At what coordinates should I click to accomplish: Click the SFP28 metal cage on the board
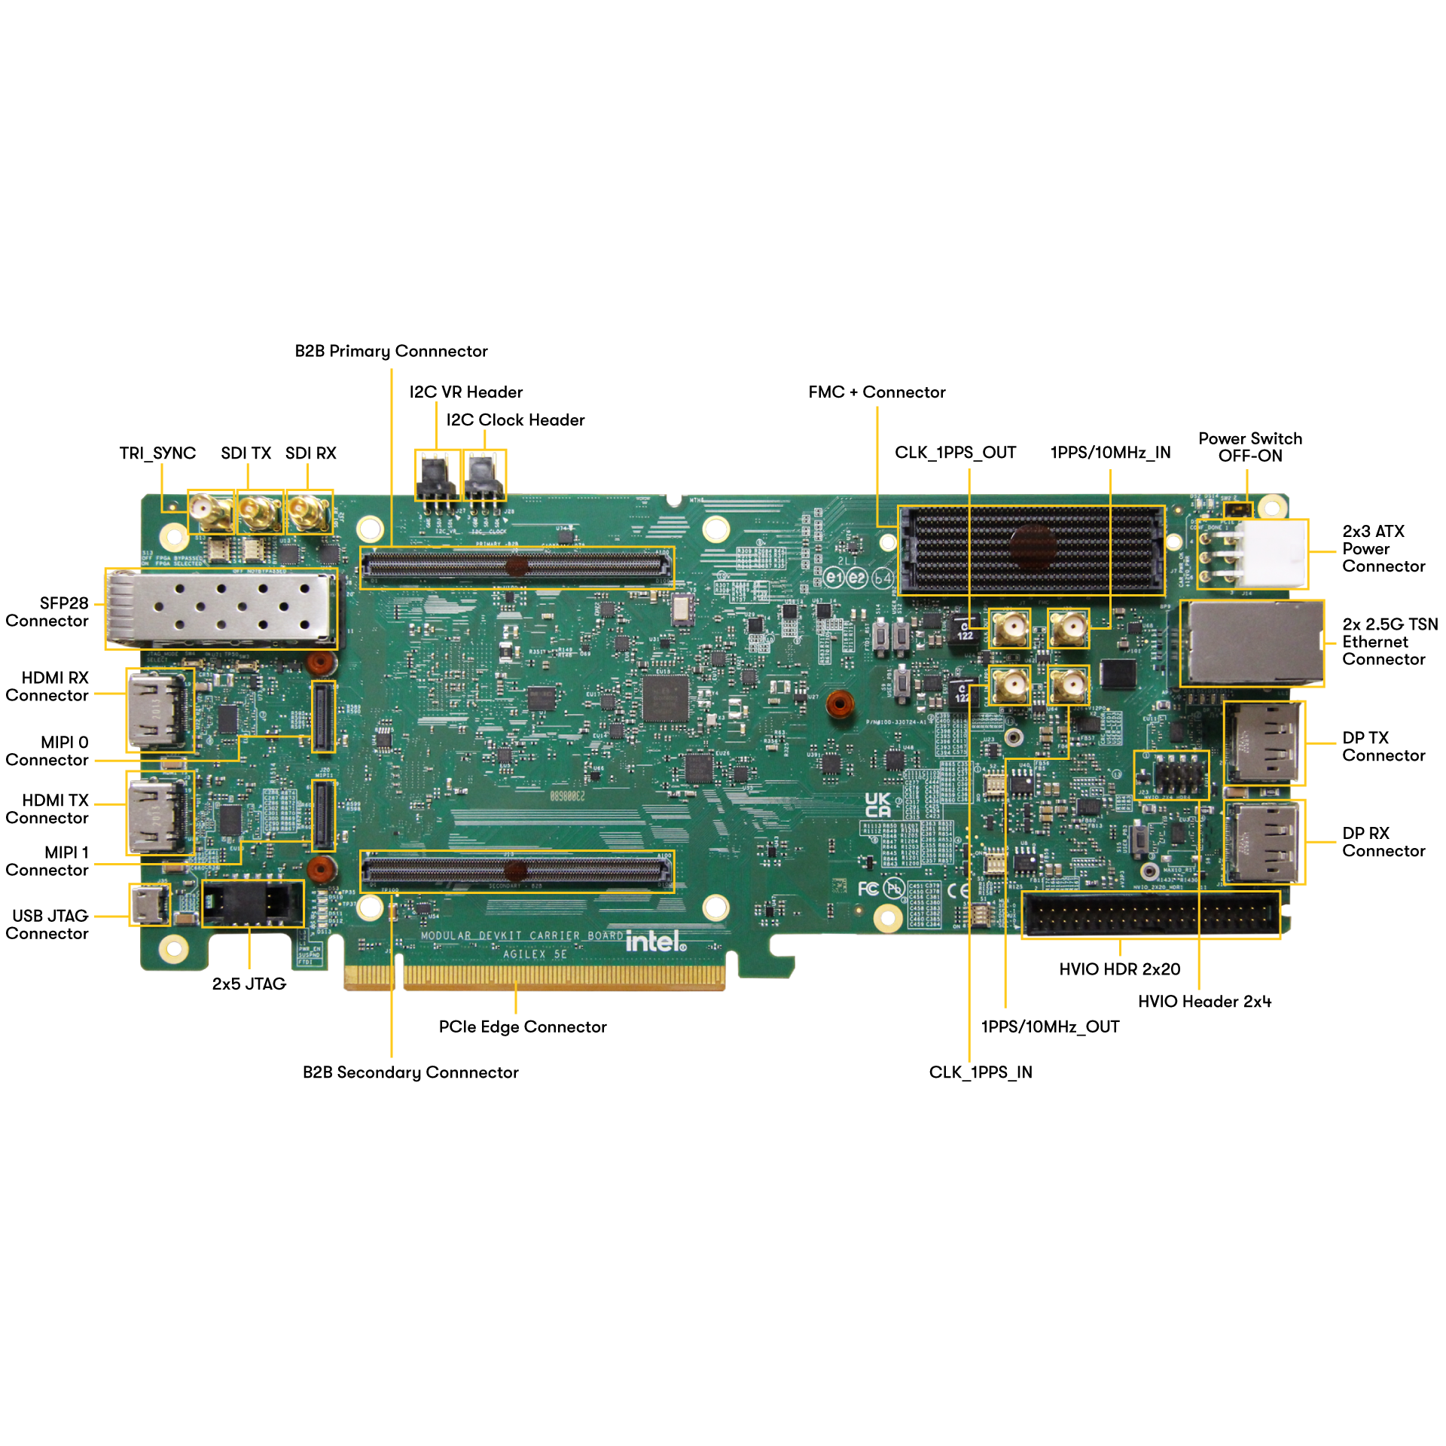[x=221, y=609]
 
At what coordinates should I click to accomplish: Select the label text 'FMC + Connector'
[x=877, y=392]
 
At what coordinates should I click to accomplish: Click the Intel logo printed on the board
[x=655, y=941]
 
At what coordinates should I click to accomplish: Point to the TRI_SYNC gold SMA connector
[x=210, y=512]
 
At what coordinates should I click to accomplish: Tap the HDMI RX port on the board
[x=159, y=710]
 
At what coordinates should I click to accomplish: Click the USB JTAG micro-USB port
[x=148, y=905]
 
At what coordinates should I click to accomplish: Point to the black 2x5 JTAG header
[x=252, y=903]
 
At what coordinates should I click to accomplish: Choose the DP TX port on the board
[x=1263, y=743]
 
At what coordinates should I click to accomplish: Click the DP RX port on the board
[x=1263, y=841]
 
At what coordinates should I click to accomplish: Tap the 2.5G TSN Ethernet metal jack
[x=1252, y=643]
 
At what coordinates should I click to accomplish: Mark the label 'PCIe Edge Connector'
[x=523, y=1027]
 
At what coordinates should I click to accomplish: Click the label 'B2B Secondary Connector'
[x=410, y=1072]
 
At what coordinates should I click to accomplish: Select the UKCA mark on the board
[x=877, y=805]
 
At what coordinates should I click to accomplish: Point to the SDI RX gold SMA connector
[x=309, y=512]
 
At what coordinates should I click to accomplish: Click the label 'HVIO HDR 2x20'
[x=1119, y=969]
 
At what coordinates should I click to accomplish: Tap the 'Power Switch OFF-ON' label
[x=1249, y=447]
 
